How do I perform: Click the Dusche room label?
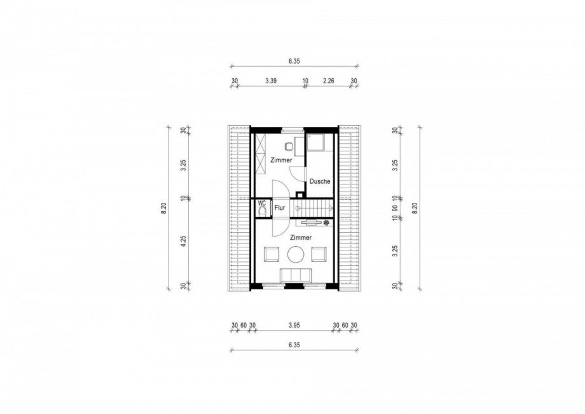[x=320, y=181]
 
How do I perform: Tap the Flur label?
[x=279, y=208]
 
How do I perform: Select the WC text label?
[x=262, y=204]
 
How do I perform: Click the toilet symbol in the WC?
[x=262, y=212]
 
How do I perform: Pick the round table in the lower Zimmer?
[x=296, y=255]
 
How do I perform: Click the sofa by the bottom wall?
[x=296, y=275]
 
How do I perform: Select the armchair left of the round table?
[x=272, y=255]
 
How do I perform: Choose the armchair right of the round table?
[x=319, y=254]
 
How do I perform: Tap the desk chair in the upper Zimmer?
[x=289, y=146]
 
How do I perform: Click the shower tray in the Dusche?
[x=315, y=142]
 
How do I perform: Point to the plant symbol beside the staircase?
[x=326, y=223]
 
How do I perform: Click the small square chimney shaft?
[x=299, y=195]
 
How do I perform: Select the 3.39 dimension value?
[x=271, y=81]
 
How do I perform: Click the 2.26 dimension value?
[x=328, y=81]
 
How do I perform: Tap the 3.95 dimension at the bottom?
[x=294, y=326]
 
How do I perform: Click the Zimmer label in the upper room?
[x=281, y=160]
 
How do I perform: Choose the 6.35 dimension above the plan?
[x=294, y=61]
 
